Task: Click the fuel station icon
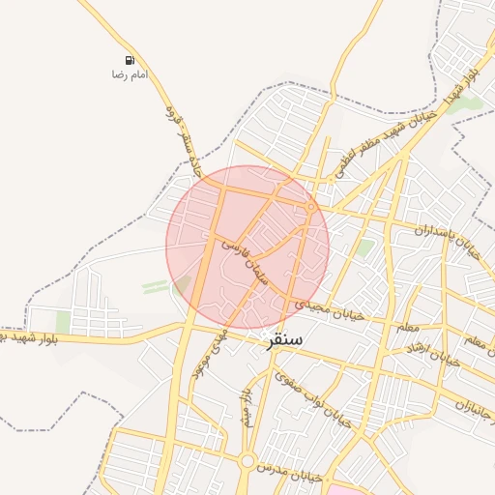pos(130,60)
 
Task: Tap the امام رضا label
pos(130,74)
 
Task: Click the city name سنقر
pos(282,340)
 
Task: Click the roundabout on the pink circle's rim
pos(310,207)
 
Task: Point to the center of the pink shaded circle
pos(247,247)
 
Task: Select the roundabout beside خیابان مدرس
pos(247,462)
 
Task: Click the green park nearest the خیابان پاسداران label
pos(364,248)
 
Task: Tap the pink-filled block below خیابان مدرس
pos(343,488)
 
